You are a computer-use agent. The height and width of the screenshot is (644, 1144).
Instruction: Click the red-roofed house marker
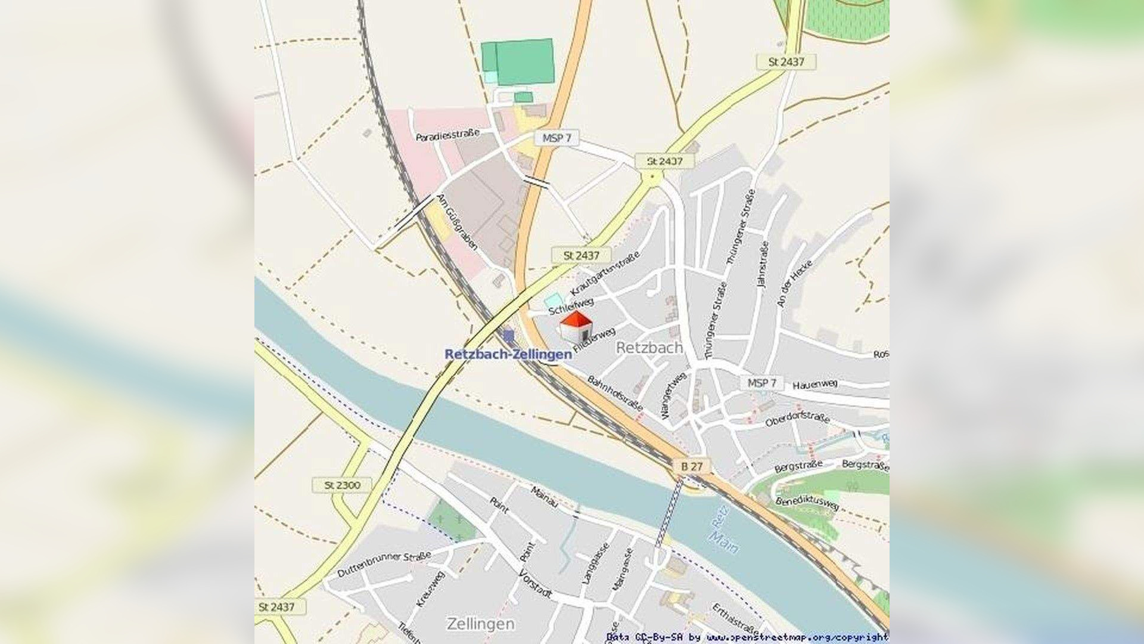576,326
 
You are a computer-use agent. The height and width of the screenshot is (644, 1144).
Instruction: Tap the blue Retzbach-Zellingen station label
508,354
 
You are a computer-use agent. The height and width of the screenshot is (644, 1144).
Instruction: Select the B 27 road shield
692,466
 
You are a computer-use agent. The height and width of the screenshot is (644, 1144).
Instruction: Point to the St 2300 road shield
342,485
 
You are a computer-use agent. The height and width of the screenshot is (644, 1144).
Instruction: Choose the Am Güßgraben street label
458,222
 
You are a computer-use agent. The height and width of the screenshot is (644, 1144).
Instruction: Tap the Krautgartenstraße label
605,273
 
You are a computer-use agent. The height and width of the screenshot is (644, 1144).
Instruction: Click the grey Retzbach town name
649,348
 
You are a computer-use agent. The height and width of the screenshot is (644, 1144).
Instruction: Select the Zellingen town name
480,624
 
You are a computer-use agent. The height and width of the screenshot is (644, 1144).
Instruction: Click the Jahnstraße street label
763,265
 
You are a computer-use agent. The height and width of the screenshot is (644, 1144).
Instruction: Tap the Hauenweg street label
815,385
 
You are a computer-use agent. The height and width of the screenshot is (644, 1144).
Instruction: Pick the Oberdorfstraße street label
797,419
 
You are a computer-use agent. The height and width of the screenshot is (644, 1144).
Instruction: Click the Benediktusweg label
807,503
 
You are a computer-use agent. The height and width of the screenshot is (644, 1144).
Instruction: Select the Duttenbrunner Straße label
384,564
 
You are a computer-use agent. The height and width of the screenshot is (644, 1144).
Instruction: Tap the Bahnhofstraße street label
615,393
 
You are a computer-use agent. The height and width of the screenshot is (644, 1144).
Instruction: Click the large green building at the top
524,61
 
